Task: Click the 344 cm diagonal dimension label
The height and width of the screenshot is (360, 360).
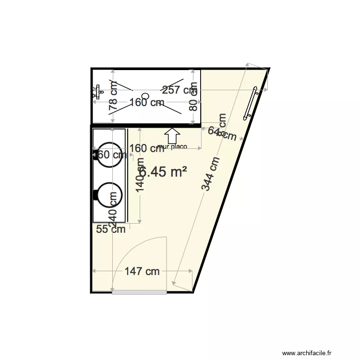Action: [x=211, y=174]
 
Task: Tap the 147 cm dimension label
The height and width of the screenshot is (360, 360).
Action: [x=142, y=272]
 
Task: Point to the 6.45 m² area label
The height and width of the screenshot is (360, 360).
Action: [x=164, y=172]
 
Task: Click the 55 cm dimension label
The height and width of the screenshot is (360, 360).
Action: [x=110, y=229]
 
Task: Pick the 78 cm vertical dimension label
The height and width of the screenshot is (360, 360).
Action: [x=113, y=97]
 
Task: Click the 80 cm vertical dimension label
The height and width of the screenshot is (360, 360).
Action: [x=193, y=98]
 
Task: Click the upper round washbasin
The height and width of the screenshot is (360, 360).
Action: [x=109, y=155]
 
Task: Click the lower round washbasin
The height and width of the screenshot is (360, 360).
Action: [x=109, y=196]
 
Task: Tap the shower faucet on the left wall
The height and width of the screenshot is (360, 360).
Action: [x=97, y=91]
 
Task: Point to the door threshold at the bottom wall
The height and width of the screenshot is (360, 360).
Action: [x=139, y=292]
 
